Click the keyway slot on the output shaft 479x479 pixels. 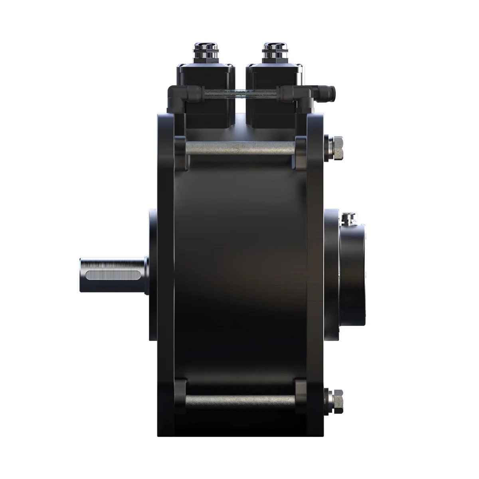(x=110, y=276)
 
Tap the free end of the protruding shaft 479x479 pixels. (x=82, y=276)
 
